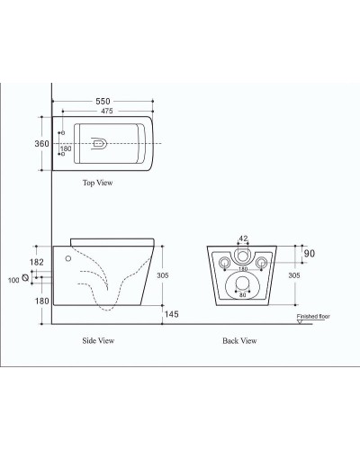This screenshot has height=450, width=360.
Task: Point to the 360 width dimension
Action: [x=41, y=144]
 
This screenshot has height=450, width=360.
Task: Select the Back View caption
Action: [x=239, y=342]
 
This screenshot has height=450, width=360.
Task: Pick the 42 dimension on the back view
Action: [x=241, y=239]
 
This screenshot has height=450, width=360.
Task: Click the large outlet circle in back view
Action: [x=241, y=287]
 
